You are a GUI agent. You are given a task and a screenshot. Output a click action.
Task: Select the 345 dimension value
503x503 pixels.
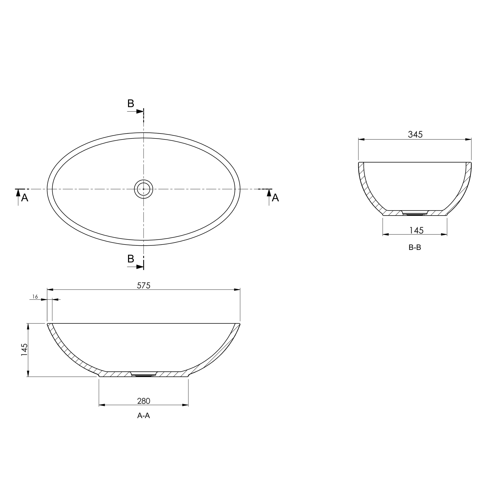click(x=415, y=134)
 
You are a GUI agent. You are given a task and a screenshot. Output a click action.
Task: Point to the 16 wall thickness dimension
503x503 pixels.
click(x=35, y=297)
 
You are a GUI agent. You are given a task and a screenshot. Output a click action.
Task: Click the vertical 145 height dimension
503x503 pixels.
click(x=24, y=350)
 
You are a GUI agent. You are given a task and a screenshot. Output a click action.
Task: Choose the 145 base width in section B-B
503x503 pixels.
click(x=416, y=230)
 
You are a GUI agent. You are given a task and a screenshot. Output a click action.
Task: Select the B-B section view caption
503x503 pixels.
click(x=415, y=248)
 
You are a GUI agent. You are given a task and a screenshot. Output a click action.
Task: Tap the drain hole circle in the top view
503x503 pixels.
click(x=143, y=189)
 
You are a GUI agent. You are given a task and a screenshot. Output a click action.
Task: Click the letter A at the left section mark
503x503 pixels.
click(x=25, y=198)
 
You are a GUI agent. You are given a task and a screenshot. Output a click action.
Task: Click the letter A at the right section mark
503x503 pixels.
click(x=275, y=198)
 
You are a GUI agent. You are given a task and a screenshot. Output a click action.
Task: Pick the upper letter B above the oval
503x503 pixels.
click(x=131, y=104)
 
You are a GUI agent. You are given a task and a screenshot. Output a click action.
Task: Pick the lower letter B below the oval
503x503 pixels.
click(x=131, y=259)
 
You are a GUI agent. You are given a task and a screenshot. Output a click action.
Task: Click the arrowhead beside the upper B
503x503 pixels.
click(x=140, y=112)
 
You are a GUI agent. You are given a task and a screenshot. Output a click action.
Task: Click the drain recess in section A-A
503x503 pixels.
click(x=143, y=375)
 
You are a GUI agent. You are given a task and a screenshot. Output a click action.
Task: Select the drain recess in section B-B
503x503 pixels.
click(x=415, y=213)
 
